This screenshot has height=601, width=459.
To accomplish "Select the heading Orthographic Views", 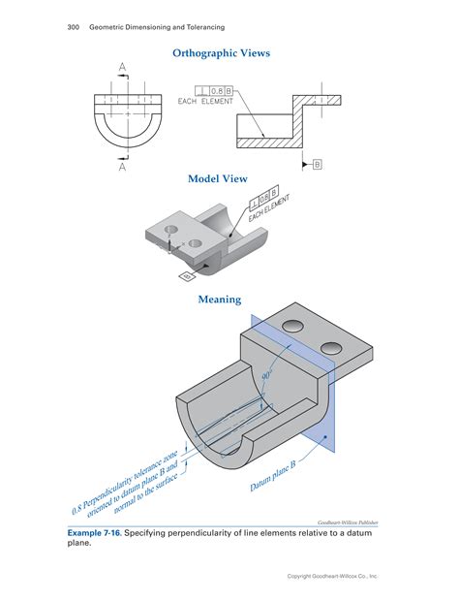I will click(221, 54).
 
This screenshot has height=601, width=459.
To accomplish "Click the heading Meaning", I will click(220, 300).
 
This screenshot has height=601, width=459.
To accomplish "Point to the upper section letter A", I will click(123, 67).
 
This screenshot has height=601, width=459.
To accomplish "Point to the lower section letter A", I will click(123, 166).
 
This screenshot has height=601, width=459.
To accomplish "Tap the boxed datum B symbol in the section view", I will click(317, 165).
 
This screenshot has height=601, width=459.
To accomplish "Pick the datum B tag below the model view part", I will click(185, 276).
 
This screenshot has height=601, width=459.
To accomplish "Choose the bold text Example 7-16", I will click(96, 533).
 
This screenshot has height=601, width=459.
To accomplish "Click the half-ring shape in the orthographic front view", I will click(123, 132).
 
